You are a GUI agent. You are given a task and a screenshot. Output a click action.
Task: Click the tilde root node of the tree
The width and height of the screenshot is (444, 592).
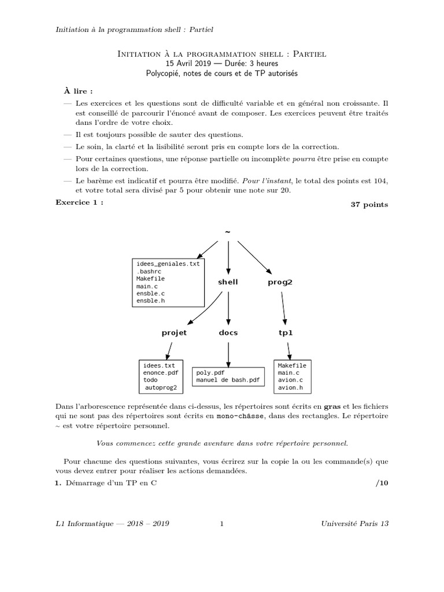point(228,232)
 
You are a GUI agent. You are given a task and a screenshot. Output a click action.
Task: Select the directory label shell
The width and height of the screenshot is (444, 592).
point(228,282)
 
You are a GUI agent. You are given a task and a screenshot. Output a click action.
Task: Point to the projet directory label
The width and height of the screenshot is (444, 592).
point(174,332)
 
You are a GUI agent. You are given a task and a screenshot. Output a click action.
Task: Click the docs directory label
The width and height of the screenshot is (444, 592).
point(228,332)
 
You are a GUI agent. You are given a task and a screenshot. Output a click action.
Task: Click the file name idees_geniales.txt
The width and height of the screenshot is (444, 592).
point(168,264)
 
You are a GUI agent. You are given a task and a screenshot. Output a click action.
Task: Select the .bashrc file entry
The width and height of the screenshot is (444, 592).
point(148,271)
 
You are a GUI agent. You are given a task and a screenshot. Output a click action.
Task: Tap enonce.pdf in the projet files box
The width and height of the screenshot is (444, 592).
point(161,373)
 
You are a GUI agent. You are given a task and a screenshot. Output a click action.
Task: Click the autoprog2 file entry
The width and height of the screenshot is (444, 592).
point(161,387)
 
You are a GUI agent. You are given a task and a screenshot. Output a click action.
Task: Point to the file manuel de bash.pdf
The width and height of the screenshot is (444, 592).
point(228,380)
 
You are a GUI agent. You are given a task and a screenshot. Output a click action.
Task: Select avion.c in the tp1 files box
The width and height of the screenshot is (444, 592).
point(290,380)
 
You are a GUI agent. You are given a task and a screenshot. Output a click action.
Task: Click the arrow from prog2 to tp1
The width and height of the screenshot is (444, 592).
point(283,307)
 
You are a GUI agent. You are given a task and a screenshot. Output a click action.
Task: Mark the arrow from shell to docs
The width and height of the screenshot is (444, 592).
point(228,306)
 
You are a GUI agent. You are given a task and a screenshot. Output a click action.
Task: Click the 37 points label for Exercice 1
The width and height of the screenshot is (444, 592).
point(369,205)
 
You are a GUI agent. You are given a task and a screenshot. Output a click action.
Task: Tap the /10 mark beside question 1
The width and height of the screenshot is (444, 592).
point(382,483)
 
